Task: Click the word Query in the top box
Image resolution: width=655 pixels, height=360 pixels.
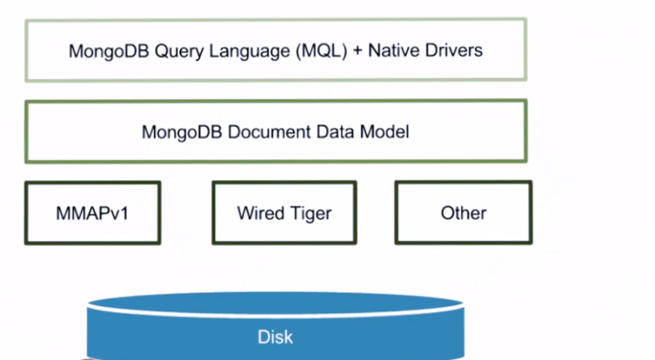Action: pyautogui.click(x=154, y=51)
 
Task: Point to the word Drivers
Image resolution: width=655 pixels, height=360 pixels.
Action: pyautogui.click(x=453, y=51)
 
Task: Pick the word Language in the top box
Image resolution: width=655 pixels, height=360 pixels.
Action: pyautogui.click(x=228, y=51)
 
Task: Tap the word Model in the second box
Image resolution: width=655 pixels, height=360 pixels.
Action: pyautogui.click(x=386, y=131)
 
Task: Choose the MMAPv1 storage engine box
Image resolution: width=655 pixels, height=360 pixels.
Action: pyautogui.click(x=93, y=213)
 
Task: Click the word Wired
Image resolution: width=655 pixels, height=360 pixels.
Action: pyautogui.click(x=259, y=214)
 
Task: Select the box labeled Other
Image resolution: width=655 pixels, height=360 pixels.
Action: pyautogui.click(x=463, y=213)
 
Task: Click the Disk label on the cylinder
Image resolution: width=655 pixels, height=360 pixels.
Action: pyautogui.click(x=275, y=336)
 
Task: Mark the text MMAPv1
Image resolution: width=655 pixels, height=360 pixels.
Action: pyautogui.click(x=93, y=214)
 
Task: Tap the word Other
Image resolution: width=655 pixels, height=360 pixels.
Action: pyautogui.click(x=463, y=214)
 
